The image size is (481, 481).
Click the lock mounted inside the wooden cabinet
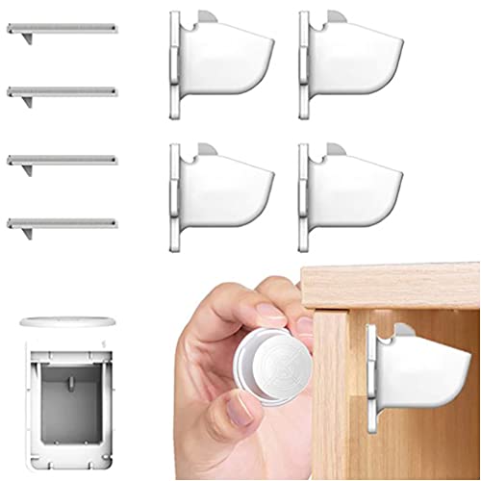(x=414, y=366)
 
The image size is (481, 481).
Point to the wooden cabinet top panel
(x=390, y=285)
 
